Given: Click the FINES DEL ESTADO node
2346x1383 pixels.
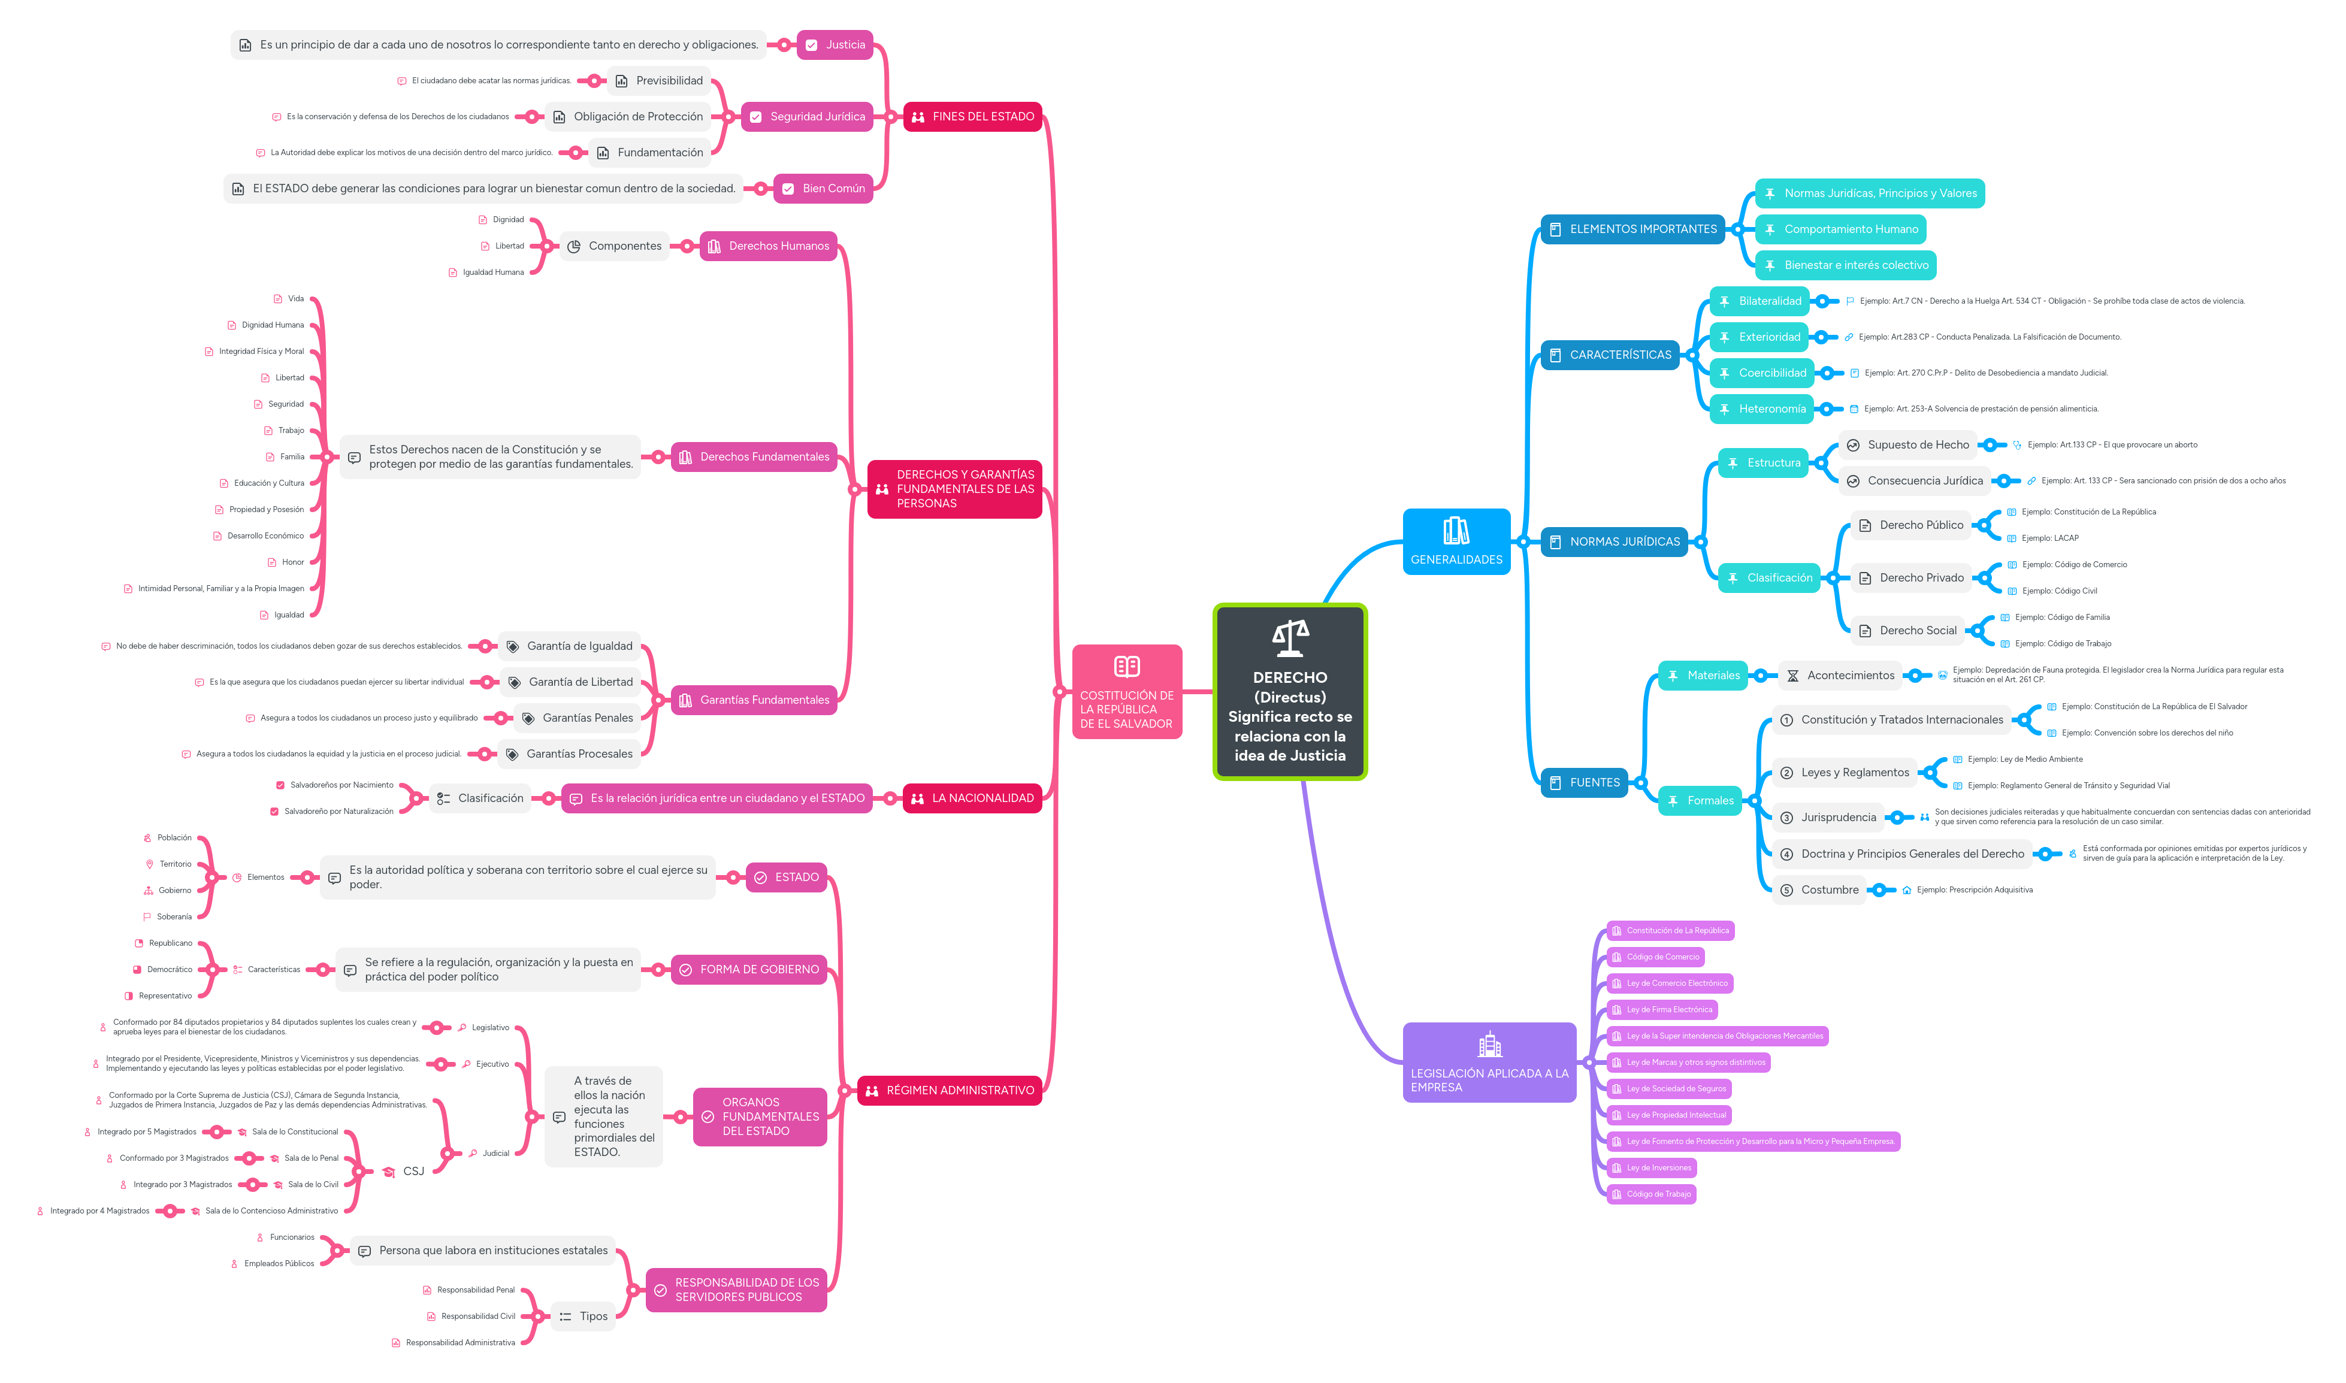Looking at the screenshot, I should click(x=972, y=116).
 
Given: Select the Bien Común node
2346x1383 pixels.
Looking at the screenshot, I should click(x=823, y=188).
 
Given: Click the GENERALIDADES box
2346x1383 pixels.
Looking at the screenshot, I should click(x=1456, y=541).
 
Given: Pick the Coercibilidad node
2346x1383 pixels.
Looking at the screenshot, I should click(x=1762, y=373).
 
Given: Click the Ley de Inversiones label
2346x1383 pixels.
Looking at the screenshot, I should click(x=1658, y=1168).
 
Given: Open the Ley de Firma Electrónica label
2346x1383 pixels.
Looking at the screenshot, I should click(x=1668, y=1009).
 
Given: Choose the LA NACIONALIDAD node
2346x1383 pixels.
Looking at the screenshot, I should click(x=972, y=798).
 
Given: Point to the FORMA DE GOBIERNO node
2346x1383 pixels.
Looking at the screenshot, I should click(x=748, y=969).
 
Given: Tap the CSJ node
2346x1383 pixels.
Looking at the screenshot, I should click(x=413, y=1172).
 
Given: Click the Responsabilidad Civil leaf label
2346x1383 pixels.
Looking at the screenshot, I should click(x=477, y=1316).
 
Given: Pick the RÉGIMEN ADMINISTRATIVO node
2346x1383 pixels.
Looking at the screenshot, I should click(x=949, y=1090).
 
